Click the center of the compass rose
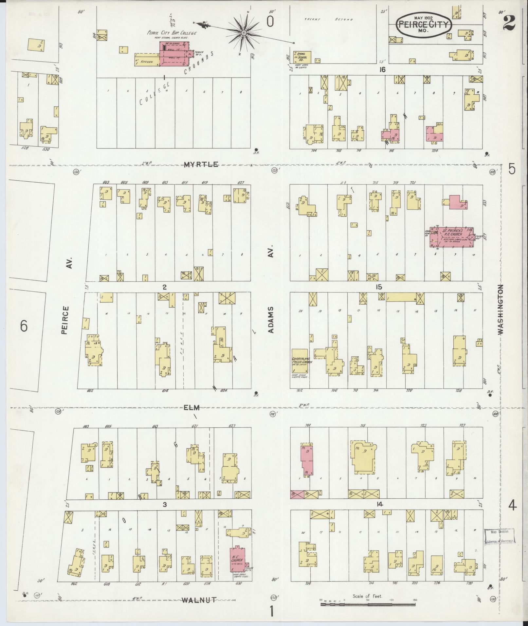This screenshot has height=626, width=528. point(244,33)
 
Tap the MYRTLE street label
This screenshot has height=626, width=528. point(201,164)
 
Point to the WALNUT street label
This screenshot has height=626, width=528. point(199,600)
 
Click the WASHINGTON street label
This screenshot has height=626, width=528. point(501,309)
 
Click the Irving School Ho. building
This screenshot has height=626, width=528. point(302,57)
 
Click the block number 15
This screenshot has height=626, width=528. point(379,287)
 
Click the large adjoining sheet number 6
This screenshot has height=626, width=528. point(24,326)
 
